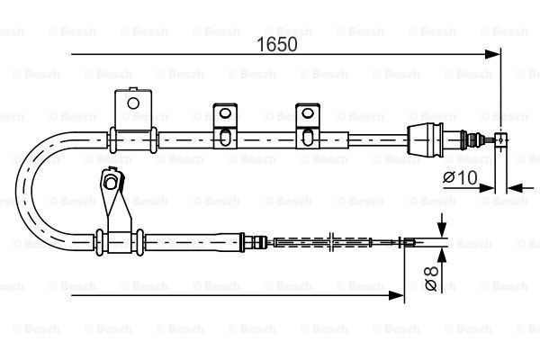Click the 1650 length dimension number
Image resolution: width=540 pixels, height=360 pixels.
277,44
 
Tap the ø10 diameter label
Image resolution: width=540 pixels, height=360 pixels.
461,177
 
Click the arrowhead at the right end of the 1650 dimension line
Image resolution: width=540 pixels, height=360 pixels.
492,54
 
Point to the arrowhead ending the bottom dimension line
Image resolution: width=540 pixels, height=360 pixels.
396,295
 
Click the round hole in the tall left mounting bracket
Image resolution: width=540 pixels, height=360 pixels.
133,103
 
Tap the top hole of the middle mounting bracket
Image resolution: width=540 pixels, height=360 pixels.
225,112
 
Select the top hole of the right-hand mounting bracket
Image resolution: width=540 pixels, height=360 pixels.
308,112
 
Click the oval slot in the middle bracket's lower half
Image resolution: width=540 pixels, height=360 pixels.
224,137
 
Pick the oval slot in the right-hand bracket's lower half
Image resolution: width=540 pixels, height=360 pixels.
308,137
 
